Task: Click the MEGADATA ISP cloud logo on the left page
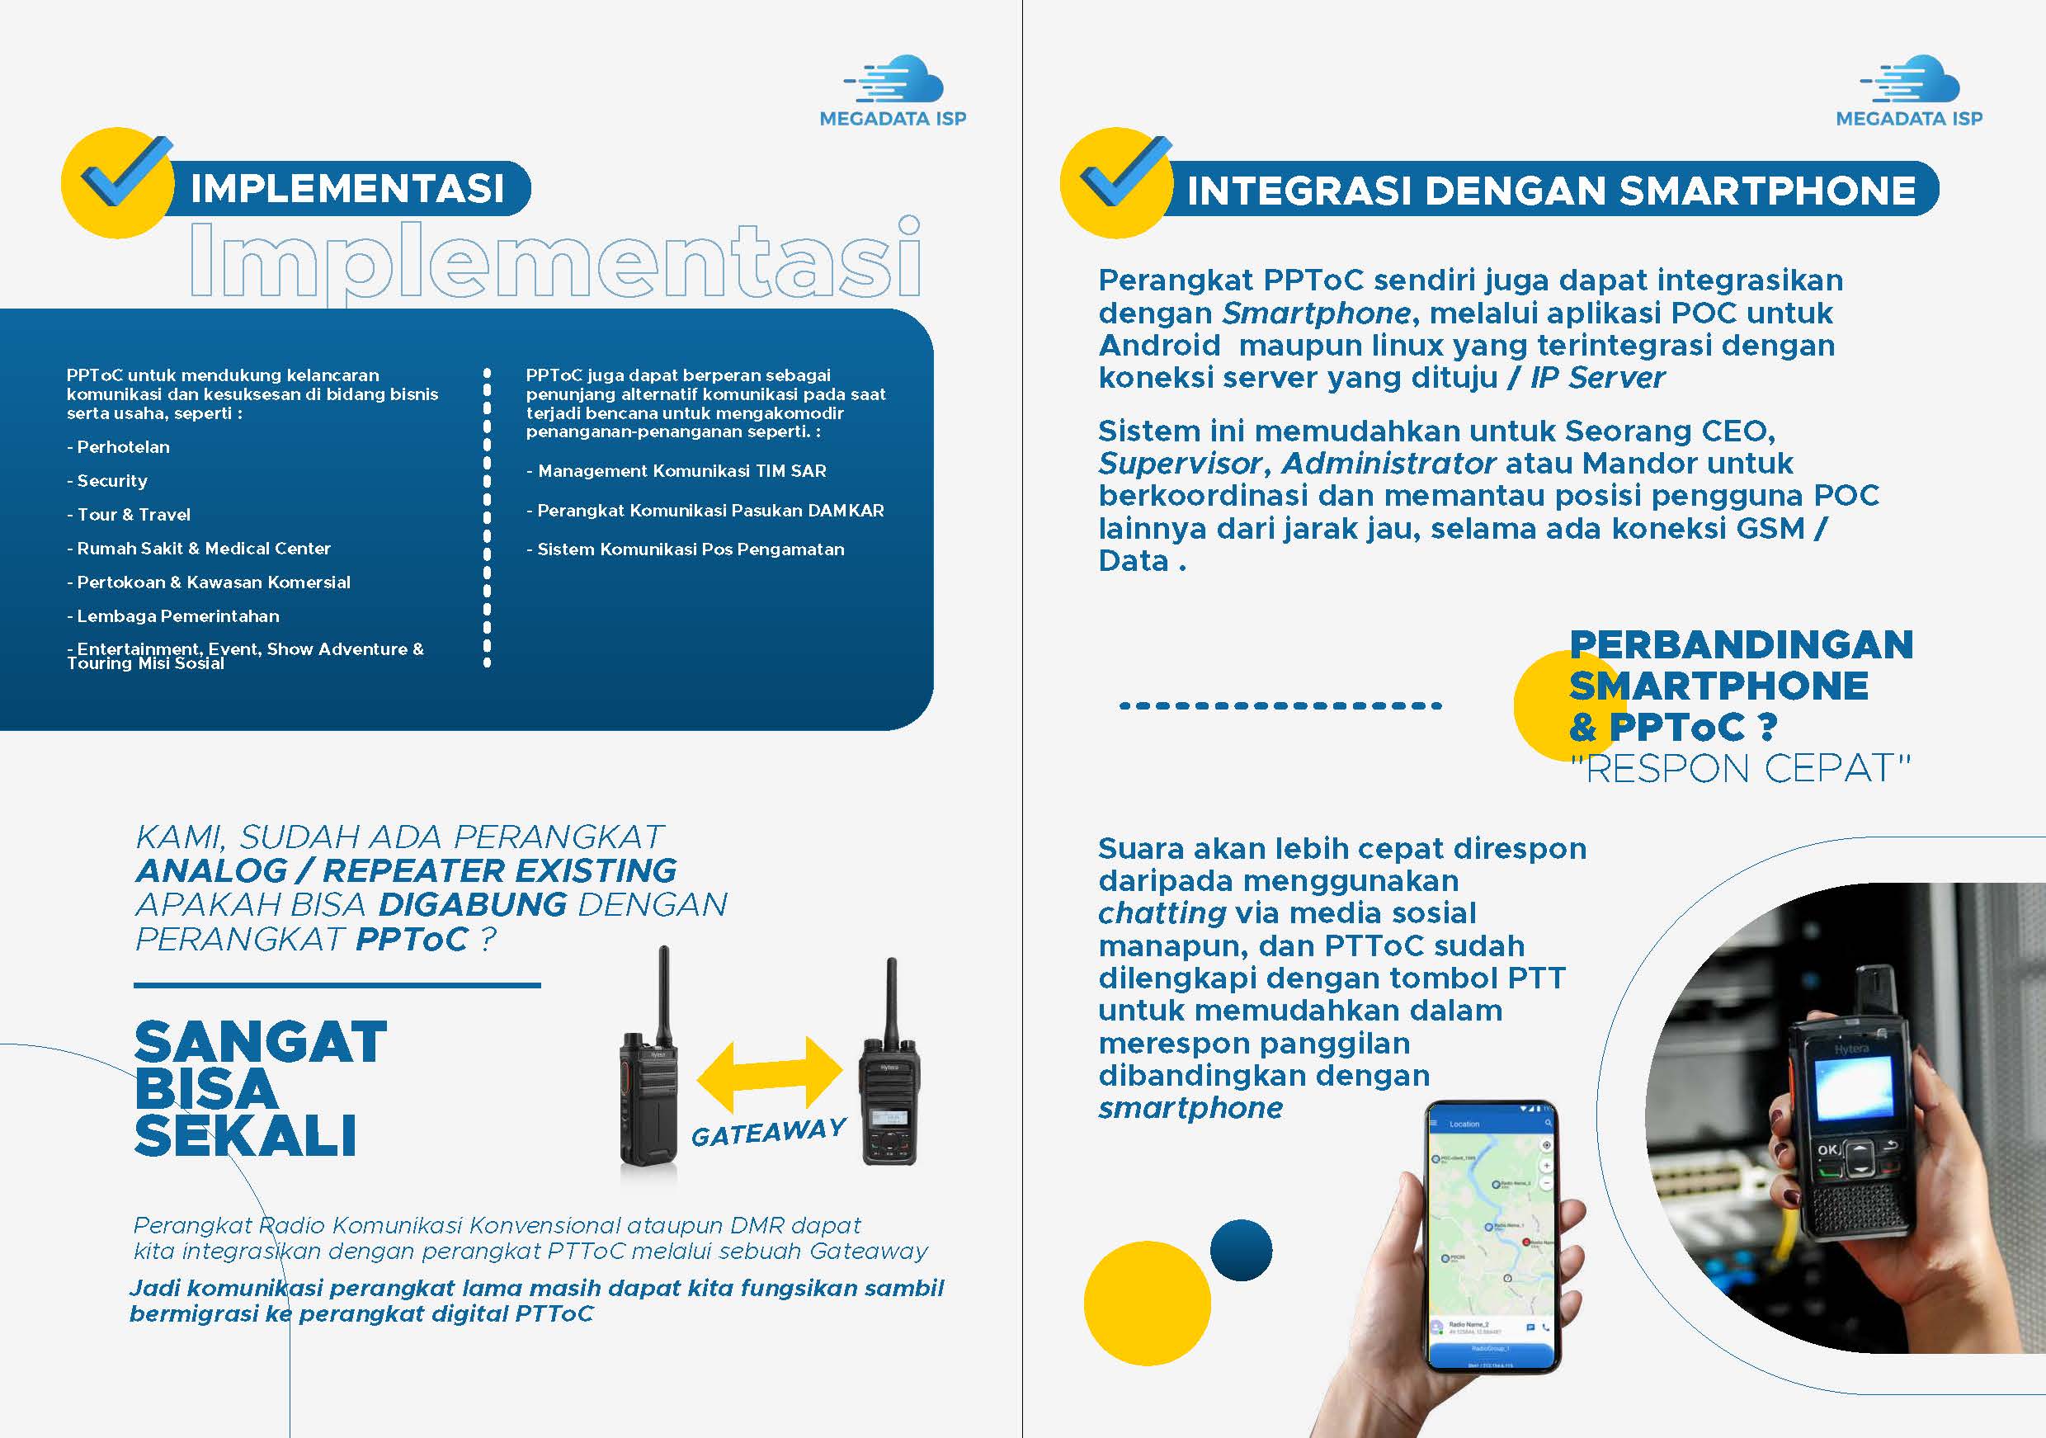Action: [x=893, y=90]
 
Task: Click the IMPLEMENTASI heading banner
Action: [x=347, y=188]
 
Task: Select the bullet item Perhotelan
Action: [x=119, y=447]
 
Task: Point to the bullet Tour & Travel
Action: [x=130, y=515]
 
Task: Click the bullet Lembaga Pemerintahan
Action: [x=174, y=616]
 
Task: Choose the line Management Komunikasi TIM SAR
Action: [x=677, y=471]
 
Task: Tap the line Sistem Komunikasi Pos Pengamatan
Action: [x=686, y=549]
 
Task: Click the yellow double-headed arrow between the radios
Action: [x=769, y=1073]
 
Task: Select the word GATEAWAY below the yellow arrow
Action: [x=768, y=1133]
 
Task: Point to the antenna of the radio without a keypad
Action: [x=663, y=993]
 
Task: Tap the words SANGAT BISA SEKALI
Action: [x=258, y=1088]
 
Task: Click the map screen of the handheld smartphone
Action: [x=1489, y=1229]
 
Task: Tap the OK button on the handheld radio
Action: [x=1827, y=1149]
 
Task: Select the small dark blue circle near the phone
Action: [x=1241, y=1250]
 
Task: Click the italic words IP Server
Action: [x=1597, y=378]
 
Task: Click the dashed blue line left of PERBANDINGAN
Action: [x=1280, y=705]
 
